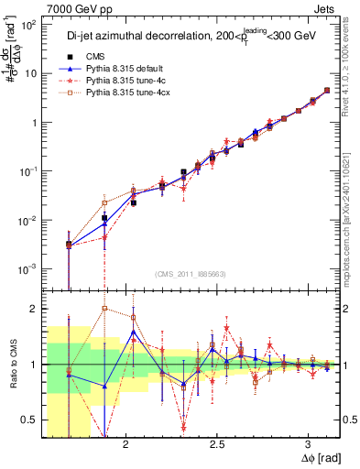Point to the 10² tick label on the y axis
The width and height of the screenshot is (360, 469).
pos(29,25)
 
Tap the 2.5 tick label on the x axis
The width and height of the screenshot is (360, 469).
pos(216,444)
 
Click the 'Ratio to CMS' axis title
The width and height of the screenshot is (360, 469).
pos(10,364)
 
